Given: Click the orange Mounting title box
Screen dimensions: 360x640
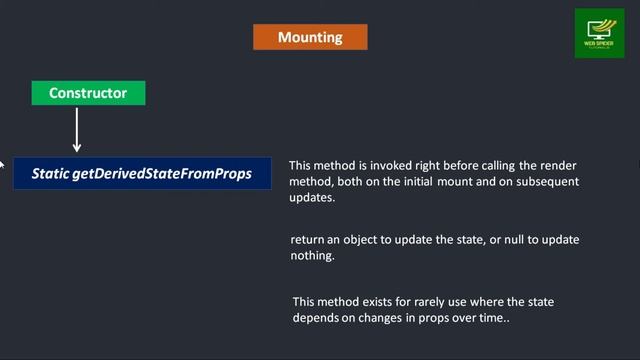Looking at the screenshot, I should click(310, 37).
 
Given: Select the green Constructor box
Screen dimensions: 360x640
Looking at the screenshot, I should click(88, 93).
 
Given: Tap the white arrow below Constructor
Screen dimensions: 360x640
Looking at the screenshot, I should click(77, 129).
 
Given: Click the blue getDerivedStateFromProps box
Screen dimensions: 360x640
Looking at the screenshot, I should click(142, 173).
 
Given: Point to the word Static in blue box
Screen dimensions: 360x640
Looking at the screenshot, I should click(50, 173).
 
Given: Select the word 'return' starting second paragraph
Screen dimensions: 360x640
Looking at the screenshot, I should click(308, 240).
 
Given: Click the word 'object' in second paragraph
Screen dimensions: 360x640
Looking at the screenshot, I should click(368, 240).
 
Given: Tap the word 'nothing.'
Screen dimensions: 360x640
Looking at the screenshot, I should click(313, 256).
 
